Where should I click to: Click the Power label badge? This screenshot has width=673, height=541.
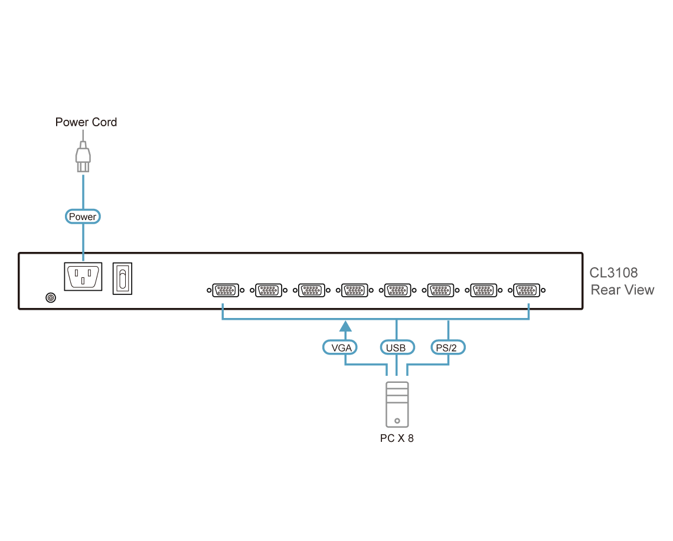(83, 217)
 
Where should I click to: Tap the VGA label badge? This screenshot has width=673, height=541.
(341, 347)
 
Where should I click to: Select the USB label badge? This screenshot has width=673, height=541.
(396, 347)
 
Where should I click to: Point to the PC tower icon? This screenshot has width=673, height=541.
(396, 404)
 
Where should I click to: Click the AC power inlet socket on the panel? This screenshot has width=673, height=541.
(83, 277)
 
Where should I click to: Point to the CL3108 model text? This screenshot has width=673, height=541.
(613, 274)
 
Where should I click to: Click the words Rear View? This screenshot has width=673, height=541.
(622, 290)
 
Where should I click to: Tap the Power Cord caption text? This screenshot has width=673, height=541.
(86, 123)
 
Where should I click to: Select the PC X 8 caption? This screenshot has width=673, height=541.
(397, 439)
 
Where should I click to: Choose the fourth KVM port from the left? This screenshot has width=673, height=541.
(354, 290)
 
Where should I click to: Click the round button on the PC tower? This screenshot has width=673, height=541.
(397, 421)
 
